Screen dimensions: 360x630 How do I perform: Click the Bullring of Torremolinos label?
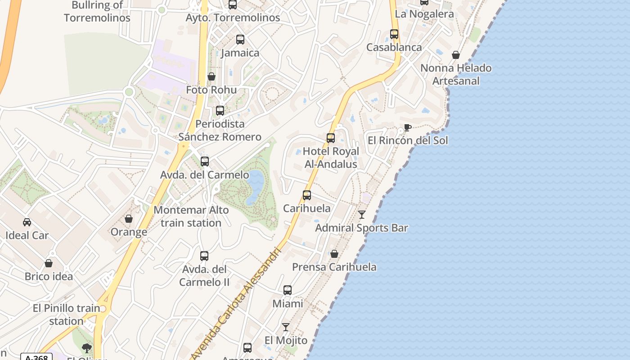[97, 12]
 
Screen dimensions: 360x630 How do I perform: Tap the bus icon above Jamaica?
[240, 40]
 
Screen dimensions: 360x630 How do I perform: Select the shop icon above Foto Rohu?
[211, 76]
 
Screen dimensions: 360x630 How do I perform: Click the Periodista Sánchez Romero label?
[220, 130]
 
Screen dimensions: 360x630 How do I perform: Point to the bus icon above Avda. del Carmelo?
[205, 162]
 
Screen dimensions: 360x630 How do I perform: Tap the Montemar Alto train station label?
[191, 216]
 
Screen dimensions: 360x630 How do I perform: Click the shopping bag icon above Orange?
[129, 219]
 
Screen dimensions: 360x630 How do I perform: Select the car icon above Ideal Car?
[27, 222]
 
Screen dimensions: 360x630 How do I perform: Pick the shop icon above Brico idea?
[49, 263]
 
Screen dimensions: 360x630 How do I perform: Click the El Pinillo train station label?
[66, 315]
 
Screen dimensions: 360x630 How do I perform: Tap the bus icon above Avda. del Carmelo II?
[204, 256]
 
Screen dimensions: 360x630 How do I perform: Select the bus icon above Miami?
[288, 290]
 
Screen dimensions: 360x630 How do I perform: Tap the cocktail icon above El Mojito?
[286, 327]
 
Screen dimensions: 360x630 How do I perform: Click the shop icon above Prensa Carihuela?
[334, 254]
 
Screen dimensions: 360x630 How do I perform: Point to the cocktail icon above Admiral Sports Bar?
[362, 215]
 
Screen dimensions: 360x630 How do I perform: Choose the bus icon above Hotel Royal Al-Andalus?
[331, 138]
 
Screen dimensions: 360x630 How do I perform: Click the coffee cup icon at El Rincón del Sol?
[407, 128]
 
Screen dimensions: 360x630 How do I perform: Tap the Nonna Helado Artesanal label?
[456, 75]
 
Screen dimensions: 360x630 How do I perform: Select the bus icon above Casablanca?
[394, 34]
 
